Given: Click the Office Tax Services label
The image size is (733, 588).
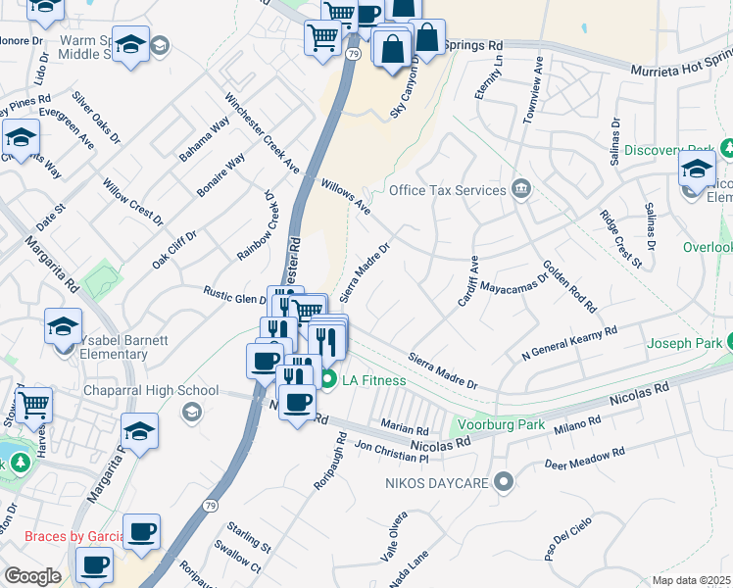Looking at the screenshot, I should [x=448, y=190].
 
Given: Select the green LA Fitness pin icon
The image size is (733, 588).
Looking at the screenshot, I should [x=329, y=380].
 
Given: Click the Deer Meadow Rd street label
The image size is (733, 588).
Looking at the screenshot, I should [x=584, y=460].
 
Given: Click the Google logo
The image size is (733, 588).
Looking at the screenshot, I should [x=32, y=575].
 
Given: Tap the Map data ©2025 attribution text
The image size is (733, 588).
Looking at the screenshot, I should [x=691, y=580].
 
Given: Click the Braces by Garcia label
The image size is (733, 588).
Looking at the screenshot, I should [x=74, y=536].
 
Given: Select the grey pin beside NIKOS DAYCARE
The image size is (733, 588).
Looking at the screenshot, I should [x=504, y=481].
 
